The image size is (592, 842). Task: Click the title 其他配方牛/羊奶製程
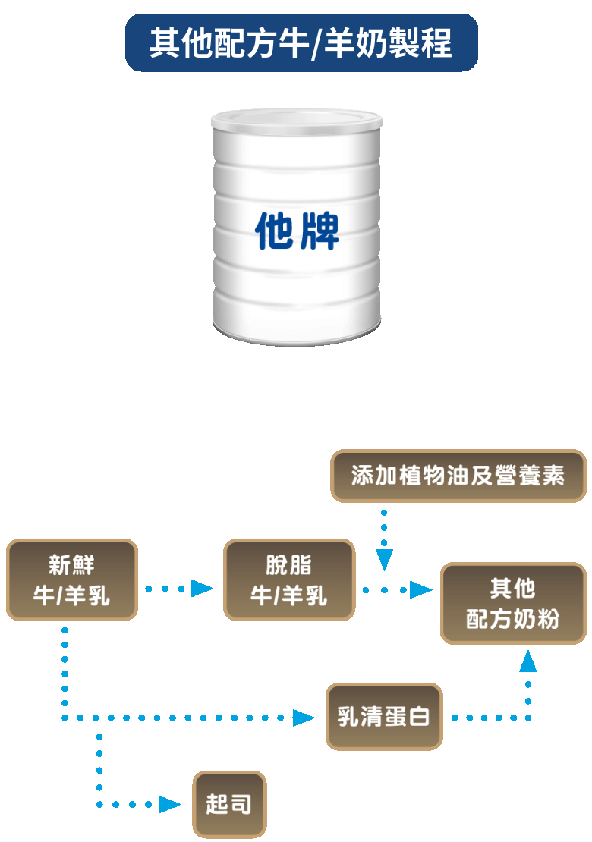pyautogui.click(x=301, y=43)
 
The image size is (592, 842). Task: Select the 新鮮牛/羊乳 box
pyautogui.click(x=72, y=580)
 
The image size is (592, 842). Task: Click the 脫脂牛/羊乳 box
pyautogui.click(x=289, y=580)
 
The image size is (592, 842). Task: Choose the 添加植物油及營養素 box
pyautogui.click(x=458, y=476)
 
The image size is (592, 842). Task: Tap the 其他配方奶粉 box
pyautogui.click(x=513, y=604)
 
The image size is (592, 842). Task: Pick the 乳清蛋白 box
pyautogui.click(x=384, y=717)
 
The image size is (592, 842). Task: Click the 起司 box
pyautogui.click(x=229, y=804)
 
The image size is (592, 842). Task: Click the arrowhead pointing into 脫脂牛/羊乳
pyautogui.click(x=202, y=588)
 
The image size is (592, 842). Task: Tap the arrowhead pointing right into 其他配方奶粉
pyautogui.click(x=420, y=589)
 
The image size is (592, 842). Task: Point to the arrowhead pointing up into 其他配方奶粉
pyautogui.click(x=527, y=662)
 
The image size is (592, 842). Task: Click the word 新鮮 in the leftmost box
pyautogui.click(x=71, y=566)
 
